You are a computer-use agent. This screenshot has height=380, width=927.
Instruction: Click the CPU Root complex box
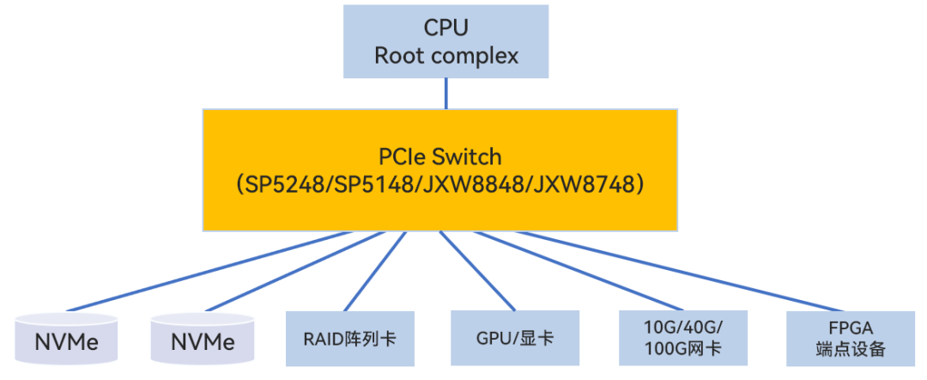[x=445, y=41]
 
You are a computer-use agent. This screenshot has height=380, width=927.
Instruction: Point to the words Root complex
[x=445, y=57]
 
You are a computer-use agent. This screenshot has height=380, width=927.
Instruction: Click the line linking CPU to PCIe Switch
[x=445, y=93]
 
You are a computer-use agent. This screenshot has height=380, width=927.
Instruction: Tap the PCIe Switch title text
[x=439, y=157]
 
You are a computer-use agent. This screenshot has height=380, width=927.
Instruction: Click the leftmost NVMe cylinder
[x=66, y=340]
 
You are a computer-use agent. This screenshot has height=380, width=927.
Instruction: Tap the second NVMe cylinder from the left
[x=203, y=340]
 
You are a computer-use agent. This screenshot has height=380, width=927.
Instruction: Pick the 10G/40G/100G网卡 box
[x=682, y=338]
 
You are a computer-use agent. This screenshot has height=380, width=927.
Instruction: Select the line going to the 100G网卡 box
[x=584, y=272]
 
